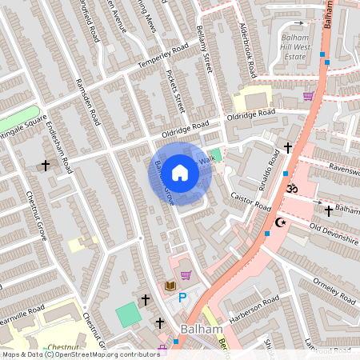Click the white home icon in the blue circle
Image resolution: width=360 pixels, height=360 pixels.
pos(180,173)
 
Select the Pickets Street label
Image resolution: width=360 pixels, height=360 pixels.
pos(174,94)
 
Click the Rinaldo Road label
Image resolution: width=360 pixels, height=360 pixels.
pos(270,167)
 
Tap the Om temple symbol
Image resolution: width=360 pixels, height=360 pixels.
pos(291,187)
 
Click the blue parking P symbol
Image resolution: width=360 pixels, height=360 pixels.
pos(182,298)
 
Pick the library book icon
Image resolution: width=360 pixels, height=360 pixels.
pos(170,285)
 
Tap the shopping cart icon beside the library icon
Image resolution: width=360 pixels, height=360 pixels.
pos(186,276)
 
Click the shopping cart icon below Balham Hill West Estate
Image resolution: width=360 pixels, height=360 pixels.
pos(308,96)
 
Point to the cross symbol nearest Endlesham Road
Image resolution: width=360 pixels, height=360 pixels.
pos(46,166)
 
